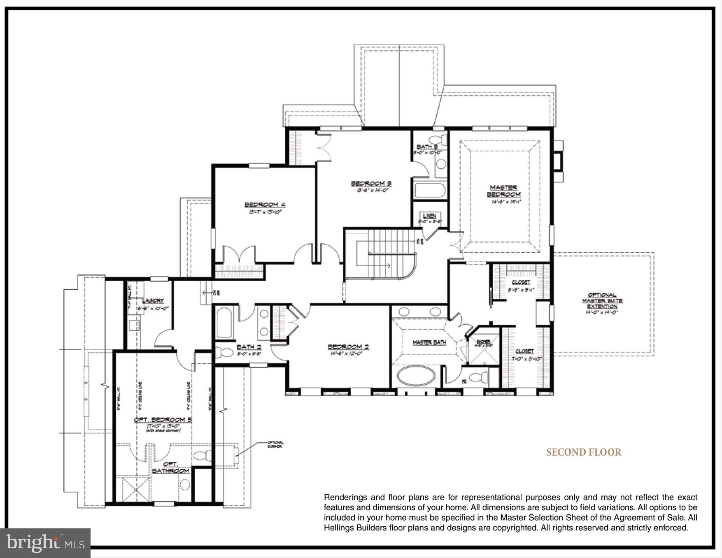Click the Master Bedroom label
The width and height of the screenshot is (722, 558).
tap(503, 191)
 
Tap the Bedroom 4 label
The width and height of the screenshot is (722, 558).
tap(265, 205)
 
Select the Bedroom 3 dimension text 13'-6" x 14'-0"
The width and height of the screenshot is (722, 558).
tap(371, 190)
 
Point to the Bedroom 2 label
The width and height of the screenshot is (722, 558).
tap(348, 346)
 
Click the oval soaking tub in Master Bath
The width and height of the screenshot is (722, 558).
tap(416, 375)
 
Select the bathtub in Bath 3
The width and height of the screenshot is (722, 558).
tap(430, 191)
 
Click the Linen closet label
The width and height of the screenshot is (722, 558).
tap(429, 216)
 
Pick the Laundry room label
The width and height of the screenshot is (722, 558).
tap(153, 301)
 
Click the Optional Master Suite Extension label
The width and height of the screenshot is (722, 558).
tap(602, 300)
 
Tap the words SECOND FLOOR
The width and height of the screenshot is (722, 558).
tap(583, 452)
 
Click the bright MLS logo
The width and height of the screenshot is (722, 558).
tap(45, 543)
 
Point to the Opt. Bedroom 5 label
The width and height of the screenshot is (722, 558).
tap(163, 420)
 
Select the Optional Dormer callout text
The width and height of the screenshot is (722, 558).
tap(275, 444)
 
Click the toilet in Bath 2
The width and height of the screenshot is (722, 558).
tap(224, 353)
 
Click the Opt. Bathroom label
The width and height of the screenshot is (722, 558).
tap(170, 467)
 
